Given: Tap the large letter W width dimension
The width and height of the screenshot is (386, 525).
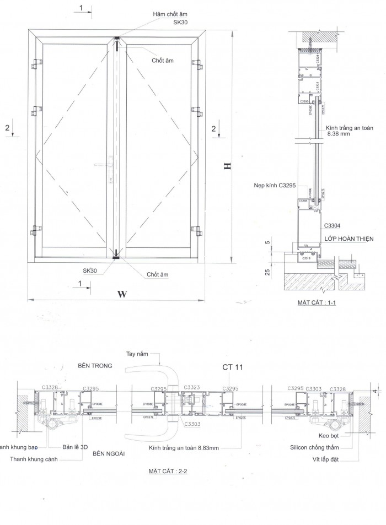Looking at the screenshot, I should pos(122,294).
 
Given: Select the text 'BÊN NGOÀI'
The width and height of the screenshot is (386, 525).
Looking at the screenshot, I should pos(110,453).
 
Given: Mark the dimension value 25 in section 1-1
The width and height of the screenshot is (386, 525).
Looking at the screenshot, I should pos(267,272).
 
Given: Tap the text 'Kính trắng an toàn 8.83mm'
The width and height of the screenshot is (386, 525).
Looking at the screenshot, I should pos(184,448).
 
